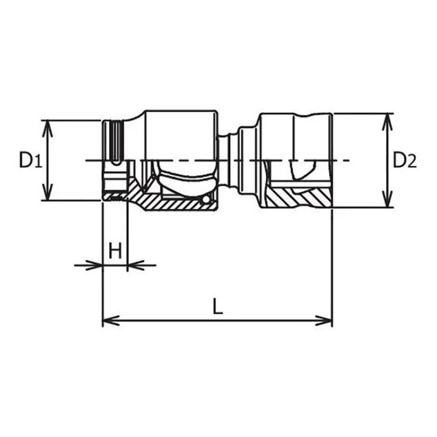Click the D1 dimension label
click(x=30, y=161)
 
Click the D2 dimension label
click(x=405, y=161)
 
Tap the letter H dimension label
click(x=115, y=252)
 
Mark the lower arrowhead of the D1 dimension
click(x=48, y=195)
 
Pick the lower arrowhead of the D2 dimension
click(x=387, y=203)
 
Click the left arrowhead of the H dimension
click(x=95, y=265)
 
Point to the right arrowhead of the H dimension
click(x=134, y=265)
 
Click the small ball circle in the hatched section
click(x=207, y=199)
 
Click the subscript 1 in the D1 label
click(x=37, y=163)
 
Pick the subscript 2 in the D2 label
click(x=412, y=163)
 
